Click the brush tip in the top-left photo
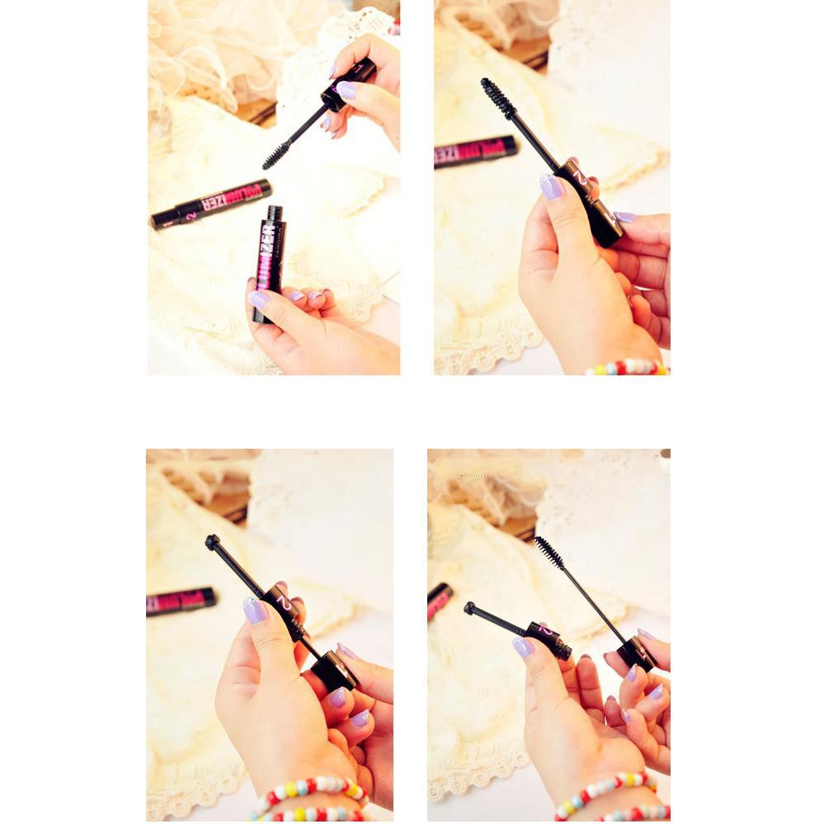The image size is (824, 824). point(275,155)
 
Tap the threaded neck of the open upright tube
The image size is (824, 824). point(275,213)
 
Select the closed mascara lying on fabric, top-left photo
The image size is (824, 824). point(211,204)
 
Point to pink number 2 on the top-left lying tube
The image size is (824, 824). point(191,216)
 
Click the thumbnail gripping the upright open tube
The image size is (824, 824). point(257,299)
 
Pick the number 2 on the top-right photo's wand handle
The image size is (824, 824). point(581,178)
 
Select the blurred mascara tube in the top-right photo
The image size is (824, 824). point(475,152)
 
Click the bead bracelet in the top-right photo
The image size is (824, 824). point(627,366)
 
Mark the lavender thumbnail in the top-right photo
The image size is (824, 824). point(551,186)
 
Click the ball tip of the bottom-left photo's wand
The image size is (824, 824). point(213,543)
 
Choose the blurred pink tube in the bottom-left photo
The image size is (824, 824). point(181,600)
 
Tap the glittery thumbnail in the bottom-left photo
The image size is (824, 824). point(255,610)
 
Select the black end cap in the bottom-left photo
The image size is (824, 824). point(335,670)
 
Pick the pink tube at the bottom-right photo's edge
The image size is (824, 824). point(439,600)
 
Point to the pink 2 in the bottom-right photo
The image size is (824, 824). point(545,630)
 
